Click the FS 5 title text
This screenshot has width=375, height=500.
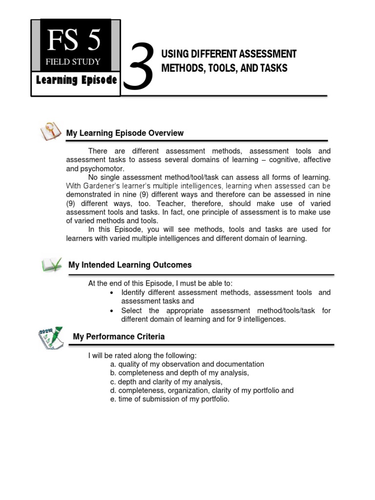74,40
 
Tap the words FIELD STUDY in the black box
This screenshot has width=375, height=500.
74,62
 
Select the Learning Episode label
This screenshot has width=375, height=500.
77,80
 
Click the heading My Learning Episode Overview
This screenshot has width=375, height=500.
125,133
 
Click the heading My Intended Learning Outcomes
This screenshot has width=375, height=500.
130,265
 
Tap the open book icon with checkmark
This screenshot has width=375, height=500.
52,265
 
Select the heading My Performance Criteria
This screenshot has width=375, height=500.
119,336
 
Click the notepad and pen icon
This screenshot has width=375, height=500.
50,336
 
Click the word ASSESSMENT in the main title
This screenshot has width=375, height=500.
271,54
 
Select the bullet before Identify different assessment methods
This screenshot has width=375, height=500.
112,293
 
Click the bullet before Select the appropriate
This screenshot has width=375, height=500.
112,311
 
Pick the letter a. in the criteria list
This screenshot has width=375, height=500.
113,364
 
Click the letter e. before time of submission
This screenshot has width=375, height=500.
113,399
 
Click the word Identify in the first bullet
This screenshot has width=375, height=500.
134,292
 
